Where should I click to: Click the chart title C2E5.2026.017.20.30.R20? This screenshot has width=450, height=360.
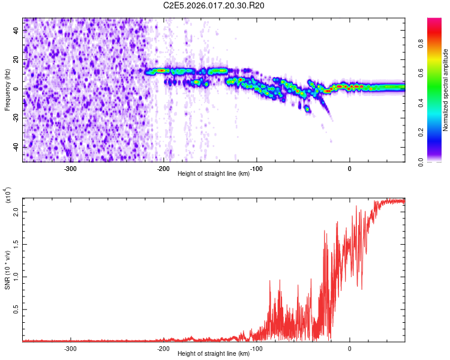tap(214, 6)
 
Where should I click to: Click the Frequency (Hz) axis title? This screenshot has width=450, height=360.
tap(7, 90)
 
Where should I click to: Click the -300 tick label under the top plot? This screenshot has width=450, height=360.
tap(70, 168)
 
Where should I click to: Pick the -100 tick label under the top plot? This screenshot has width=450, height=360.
tap(256, 168)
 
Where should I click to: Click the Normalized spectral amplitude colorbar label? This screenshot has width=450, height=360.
tap(446, 90)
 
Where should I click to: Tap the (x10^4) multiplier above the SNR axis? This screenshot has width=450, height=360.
tap(8, 194)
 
